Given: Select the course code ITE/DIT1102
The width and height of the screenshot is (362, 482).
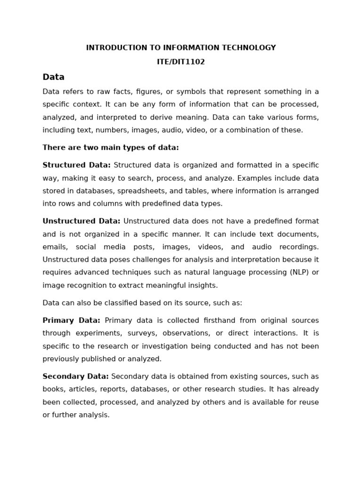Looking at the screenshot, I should [181, 62].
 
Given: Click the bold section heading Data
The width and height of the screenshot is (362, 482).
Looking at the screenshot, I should [53, 77].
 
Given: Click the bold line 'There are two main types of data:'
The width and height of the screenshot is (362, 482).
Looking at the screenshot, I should [111, 148].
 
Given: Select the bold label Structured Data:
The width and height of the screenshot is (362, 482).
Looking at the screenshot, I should [76, 165].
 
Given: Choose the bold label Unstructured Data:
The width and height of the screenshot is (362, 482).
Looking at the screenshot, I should [81, 221].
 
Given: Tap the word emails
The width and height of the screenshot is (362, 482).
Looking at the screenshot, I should [55, 247].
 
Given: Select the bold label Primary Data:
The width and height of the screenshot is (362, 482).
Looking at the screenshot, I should [71, 321].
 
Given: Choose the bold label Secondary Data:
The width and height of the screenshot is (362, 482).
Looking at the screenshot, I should [75, 377].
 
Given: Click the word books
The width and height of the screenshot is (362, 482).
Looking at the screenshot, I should [53, 389].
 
